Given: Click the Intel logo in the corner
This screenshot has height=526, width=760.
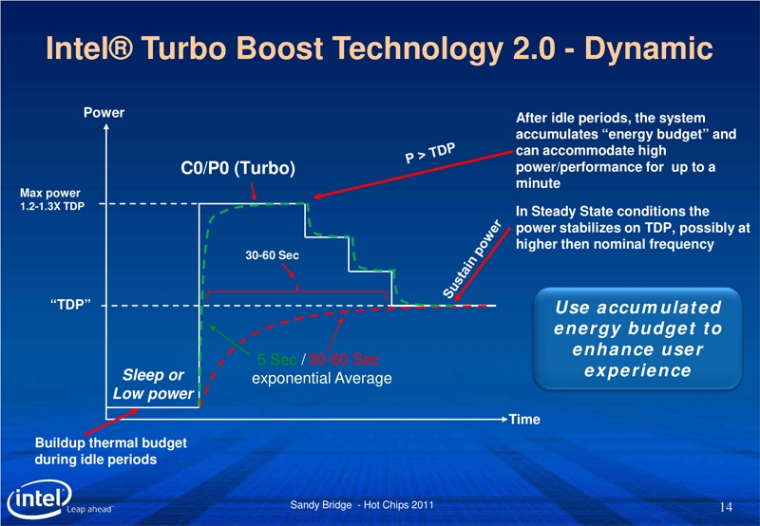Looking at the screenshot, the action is [40, 498].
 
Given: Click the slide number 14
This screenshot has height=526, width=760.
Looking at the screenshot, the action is [726, 507].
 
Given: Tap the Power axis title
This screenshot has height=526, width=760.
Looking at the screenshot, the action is [104, 113].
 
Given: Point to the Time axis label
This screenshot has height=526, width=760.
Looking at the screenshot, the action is [524, 420].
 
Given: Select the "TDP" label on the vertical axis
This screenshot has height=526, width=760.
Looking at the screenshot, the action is [70, 305].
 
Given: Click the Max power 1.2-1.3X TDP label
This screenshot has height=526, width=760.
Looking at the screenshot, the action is [52, 199].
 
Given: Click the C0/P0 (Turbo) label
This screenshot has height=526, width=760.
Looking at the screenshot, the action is [237, 168].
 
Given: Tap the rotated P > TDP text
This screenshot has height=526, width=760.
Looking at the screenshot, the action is [430, 153].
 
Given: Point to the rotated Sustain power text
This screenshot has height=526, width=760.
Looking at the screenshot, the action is [471, 258].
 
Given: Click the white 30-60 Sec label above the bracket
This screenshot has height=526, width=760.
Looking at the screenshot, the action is [272, 255].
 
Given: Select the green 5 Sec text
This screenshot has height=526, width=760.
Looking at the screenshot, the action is [276, 360].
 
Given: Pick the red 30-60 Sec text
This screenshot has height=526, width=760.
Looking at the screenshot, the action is [344, 360].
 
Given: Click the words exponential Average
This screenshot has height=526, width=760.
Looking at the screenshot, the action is [321, 378].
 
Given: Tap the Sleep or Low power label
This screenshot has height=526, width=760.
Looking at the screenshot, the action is [153, 385].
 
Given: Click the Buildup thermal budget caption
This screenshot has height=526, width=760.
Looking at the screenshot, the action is [110, 451].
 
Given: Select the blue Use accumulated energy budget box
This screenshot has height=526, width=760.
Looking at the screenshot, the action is [637, 339].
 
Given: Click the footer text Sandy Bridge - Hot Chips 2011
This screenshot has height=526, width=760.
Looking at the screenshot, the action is [362, 505].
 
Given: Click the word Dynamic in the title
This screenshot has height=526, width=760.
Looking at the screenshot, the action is [648, 48].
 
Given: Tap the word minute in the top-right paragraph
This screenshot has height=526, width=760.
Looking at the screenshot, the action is [538, 183].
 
